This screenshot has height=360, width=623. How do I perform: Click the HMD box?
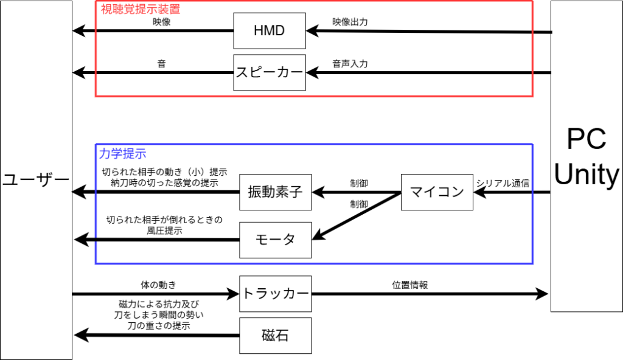tap(269, 30)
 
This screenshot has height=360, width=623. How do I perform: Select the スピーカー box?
tap(269, 73)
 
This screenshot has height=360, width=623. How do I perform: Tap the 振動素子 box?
tap(276, 192)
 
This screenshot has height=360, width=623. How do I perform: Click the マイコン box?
tap(437, 192)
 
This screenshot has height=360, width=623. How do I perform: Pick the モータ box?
tap(276, 239)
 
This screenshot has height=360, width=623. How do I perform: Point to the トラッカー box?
tap(276, 293)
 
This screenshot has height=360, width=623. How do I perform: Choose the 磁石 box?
tap(276, 336)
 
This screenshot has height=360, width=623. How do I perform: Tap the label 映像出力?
tap(350, 22)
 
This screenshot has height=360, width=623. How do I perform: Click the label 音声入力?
tap(350, 63)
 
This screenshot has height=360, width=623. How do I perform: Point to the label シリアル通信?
tap(503, 182)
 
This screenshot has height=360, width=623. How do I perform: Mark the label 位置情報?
tap(410, 284)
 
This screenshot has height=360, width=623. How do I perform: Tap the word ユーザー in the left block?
tap(35, 180)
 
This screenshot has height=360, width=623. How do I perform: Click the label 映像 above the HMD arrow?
tap(162, 22)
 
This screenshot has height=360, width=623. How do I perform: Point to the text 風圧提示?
tap(165, 230)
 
